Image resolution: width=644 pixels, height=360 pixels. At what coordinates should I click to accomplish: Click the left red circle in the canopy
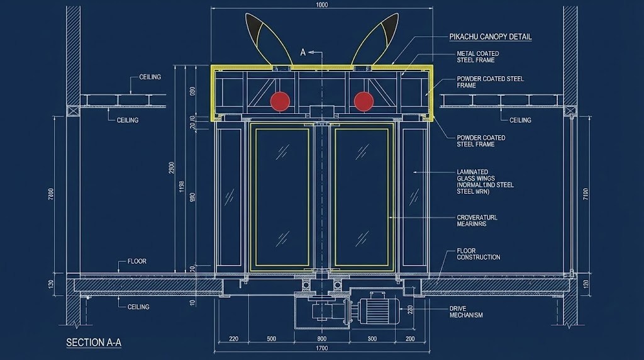[280, 101]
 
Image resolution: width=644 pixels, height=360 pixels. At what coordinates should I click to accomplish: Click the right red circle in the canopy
[364, 101]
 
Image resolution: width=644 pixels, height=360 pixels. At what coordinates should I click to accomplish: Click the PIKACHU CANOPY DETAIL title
[491, 37]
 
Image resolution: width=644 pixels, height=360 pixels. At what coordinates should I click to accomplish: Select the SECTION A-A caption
[94, 343]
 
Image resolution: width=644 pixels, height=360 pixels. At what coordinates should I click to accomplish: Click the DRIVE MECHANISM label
[466, 312]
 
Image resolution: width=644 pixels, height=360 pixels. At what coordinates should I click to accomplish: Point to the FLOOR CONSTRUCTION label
[479, 254]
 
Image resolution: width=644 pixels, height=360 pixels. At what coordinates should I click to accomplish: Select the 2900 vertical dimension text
[172, 170]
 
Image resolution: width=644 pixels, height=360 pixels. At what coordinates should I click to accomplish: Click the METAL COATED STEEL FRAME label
[478, 57]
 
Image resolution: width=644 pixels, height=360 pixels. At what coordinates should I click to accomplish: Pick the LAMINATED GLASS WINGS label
[485, 181]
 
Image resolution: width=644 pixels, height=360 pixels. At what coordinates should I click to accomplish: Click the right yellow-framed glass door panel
[362, 197]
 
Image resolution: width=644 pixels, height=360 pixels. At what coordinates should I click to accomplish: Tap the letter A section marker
[303, 53]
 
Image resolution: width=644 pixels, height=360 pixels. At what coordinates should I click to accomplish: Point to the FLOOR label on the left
[137, 261]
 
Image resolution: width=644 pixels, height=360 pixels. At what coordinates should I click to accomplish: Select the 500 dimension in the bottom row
[271, 339]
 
